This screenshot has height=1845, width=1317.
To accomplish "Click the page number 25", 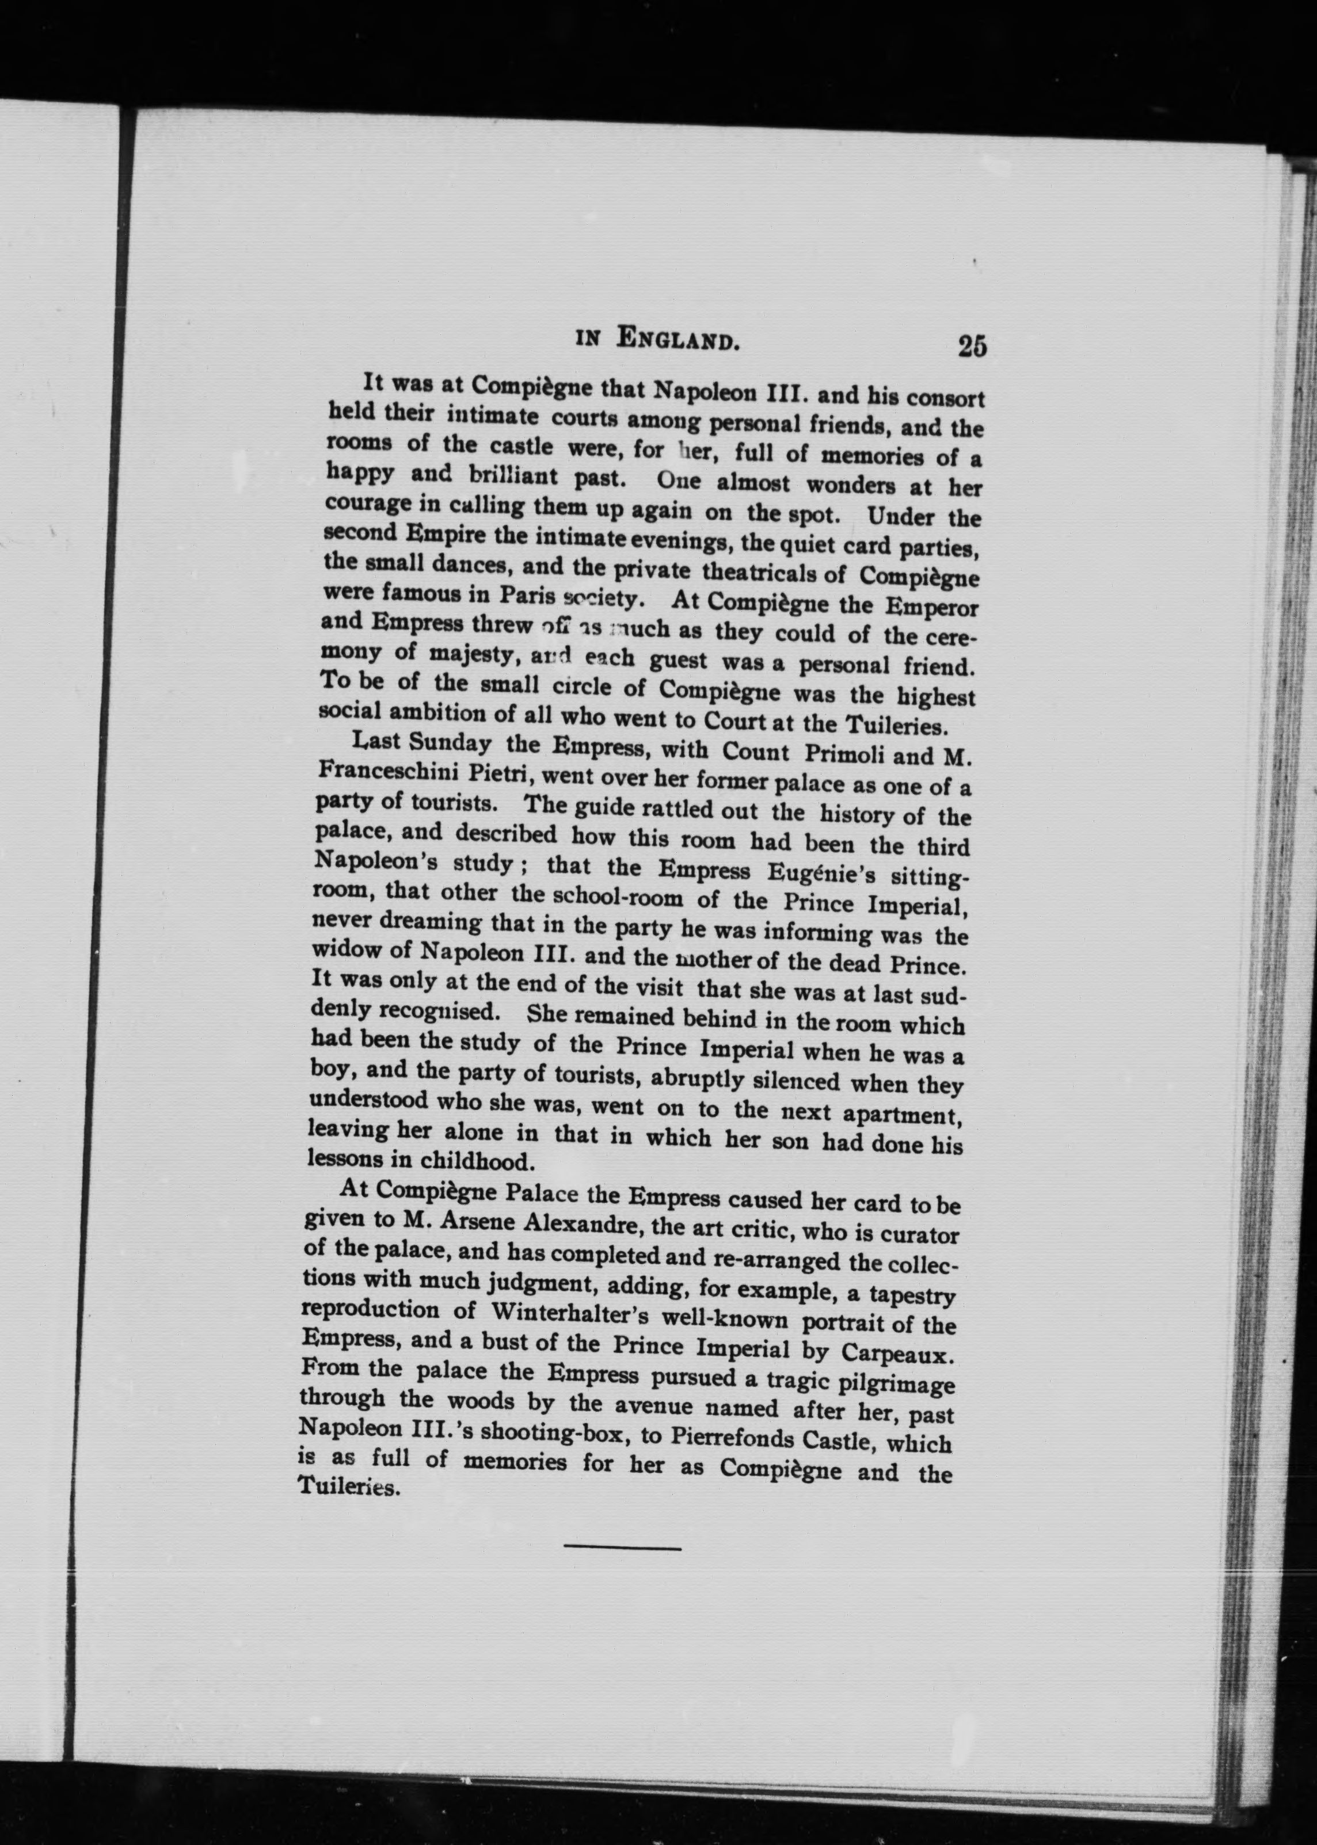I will pos(972,346).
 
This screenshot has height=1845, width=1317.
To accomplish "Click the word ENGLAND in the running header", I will pos(678,338).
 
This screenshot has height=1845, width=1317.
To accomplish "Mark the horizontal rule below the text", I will pos(622,1549).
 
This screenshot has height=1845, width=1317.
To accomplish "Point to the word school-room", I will pos(621,899).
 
